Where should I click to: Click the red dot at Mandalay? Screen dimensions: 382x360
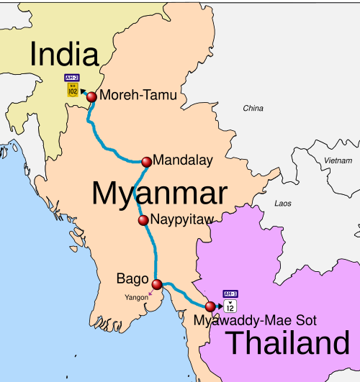(147, 162)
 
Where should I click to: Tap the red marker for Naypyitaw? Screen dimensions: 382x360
(143, 220)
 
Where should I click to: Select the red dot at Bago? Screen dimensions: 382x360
(158, 284)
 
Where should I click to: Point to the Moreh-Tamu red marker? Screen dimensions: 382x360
(91, 97)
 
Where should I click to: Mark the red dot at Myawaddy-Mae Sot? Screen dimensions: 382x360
(210, 306)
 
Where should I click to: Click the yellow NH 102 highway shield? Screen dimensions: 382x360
(71, 89)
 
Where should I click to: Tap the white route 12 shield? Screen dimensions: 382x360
(230, 306)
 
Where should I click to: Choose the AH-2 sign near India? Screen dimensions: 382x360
(71, 78)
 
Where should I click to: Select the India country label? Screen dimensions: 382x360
(63, 54)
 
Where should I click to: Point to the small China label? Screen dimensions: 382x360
(253, 109)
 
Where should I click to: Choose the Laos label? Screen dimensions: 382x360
(283, 204)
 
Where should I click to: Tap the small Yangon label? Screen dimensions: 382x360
(136, 297)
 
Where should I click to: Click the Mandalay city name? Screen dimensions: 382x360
(183, 161)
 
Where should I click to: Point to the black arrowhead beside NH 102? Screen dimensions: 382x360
(83, 91)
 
